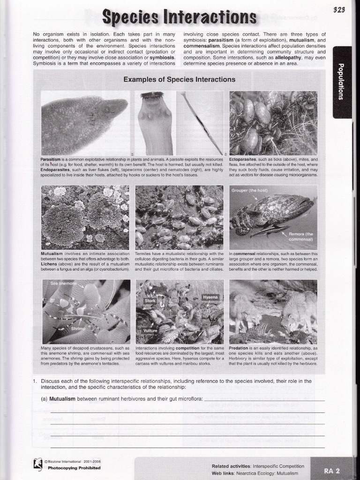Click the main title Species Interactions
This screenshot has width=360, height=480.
[x=180, y=17]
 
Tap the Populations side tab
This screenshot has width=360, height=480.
[x=342, y=82]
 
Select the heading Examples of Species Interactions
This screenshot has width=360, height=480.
[x=179, y=80]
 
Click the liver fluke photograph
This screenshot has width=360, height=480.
[x=85, y=123]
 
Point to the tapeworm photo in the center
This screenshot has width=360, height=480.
[x=155, y=123]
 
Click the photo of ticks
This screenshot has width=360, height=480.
[x=273, y=123]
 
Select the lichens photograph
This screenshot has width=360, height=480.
[x=85, y=217]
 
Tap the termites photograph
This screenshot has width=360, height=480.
[x=179, y=217]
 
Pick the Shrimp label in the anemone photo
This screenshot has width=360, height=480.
[x=78, y=329]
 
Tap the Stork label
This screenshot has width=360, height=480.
[x=150, y=300]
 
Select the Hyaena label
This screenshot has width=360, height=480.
[x=209, y=297]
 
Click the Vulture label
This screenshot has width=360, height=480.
[x=150, y=330]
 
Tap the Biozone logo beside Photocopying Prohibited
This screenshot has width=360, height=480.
[x=38, y=464]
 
